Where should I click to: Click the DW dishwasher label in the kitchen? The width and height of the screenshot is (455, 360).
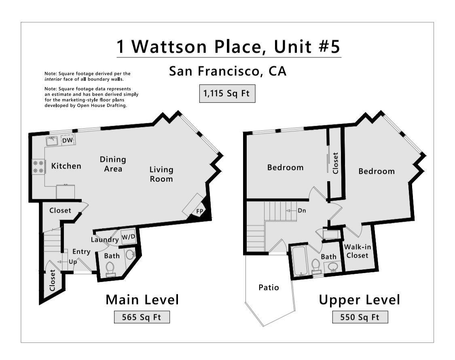pos(67,140)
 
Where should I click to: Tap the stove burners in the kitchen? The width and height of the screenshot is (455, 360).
pos(38,167)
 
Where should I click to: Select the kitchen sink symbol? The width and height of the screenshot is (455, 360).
pos(52,141)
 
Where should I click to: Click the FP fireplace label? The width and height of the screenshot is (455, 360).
pos(199,211)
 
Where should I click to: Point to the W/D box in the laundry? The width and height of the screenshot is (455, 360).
pos(128,237)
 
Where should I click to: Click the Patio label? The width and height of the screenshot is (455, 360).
pos(269,288)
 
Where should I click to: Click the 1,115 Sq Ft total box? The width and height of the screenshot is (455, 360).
pos(227,94)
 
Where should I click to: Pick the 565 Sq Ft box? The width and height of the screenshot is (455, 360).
pos(142,317)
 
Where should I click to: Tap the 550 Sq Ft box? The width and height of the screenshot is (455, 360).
pos(360,317)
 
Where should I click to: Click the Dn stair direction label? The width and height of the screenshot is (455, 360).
pos(302,210)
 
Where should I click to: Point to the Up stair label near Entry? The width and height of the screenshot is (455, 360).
pos(73,262)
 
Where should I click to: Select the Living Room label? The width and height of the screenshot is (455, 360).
pos(161,174)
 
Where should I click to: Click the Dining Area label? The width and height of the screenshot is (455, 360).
pos(113,164)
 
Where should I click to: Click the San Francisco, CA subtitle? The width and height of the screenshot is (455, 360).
pos(227,71)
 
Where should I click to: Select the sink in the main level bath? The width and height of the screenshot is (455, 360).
pos(130,255)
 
